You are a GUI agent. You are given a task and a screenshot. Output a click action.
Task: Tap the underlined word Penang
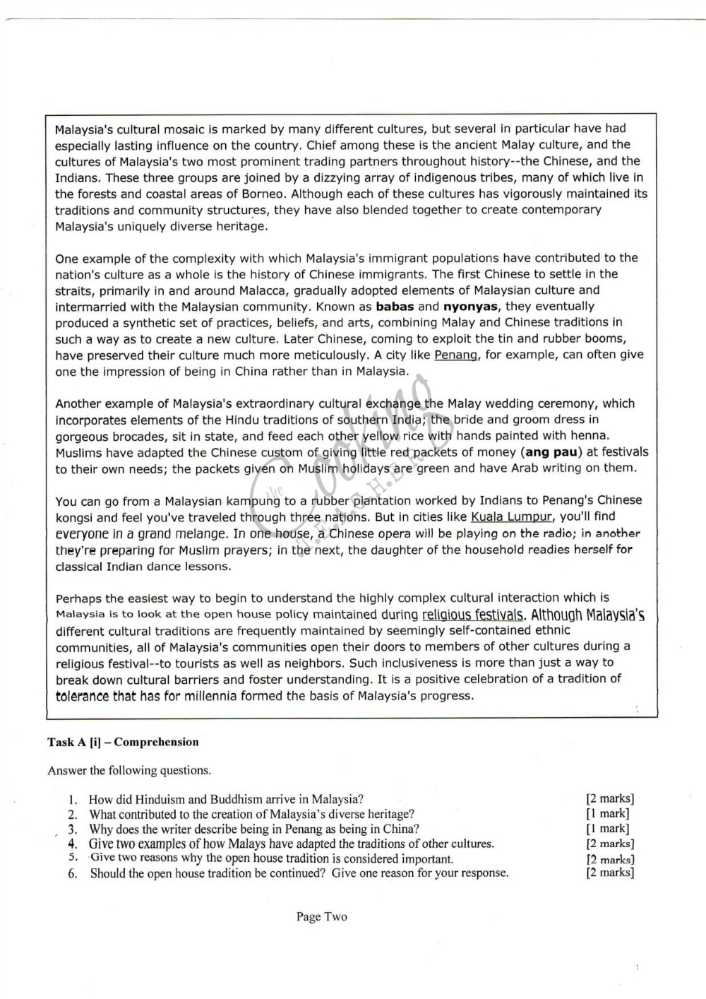click(456, 355)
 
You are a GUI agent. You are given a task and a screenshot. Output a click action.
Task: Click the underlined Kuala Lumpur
click(511, 516)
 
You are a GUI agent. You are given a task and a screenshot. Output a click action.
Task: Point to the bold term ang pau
click(551, 452)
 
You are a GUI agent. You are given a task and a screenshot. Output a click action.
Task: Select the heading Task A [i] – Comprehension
click(123, 742)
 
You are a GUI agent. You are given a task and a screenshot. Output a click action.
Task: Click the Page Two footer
click(321, 916)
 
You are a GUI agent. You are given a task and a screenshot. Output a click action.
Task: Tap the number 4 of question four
click(72, 844)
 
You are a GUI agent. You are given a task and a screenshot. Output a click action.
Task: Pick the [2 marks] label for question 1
click(610, 799)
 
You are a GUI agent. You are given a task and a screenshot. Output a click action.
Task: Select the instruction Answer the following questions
click(128, 770)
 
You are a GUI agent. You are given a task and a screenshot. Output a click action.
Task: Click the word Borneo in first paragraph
click(265, 194)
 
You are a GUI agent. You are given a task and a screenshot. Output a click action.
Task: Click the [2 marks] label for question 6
click(610, 873)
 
